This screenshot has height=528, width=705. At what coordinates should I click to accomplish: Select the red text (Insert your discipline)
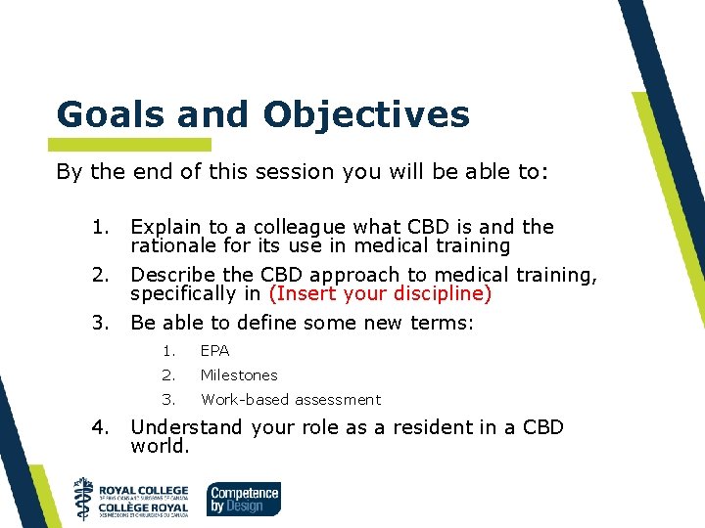[x=380, y=293]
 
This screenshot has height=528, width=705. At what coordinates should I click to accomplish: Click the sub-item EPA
[x=214, y=350]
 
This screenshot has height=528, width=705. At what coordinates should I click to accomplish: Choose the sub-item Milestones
[x=239, y=374]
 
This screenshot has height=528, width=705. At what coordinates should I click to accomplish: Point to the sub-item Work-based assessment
[x=291, y=399]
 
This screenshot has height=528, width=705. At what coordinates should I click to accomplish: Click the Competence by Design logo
[x=244, y=499]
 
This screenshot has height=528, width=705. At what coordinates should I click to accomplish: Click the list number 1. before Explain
[x=99, y=227]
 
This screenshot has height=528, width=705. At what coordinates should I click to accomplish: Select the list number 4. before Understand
[x=99, y=427]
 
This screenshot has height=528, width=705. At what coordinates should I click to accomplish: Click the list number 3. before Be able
[x=99, y=323]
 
